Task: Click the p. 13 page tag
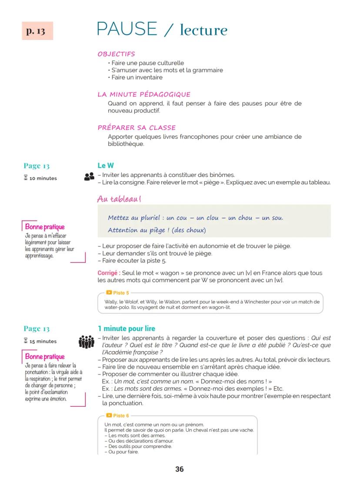[37, 31]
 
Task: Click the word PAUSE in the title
[127, 29]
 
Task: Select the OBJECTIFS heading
[116, 54]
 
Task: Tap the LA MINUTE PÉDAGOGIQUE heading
[144, 94]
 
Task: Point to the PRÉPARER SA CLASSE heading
[137, 128]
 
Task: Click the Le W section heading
[106, 166]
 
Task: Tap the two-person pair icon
[89, 176]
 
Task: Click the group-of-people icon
[87, 342]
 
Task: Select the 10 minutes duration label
[43, 178]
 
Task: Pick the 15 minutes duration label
[43, 341]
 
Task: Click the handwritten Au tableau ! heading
[119, 199]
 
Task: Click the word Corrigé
[109, 273]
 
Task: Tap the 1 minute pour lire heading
[127, 329]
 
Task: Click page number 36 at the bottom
[180, 469]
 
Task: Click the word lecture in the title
[203, 30]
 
